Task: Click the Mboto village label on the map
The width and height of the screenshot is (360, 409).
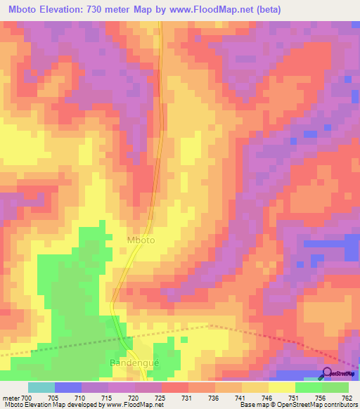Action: click(141, 240)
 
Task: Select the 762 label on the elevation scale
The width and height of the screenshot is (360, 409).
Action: click(347, 397)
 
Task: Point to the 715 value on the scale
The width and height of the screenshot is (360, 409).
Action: click(106, 397)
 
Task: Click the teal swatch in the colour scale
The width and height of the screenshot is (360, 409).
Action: click(41, 387)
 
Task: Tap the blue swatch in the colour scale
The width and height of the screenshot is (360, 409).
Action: click(68, 387)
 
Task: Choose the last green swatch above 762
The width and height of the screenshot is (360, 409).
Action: click(335, 387)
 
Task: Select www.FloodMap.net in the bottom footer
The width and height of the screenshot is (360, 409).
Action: click(141, 405)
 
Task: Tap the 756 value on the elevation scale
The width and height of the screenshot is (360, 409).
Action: click(321, 397)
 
